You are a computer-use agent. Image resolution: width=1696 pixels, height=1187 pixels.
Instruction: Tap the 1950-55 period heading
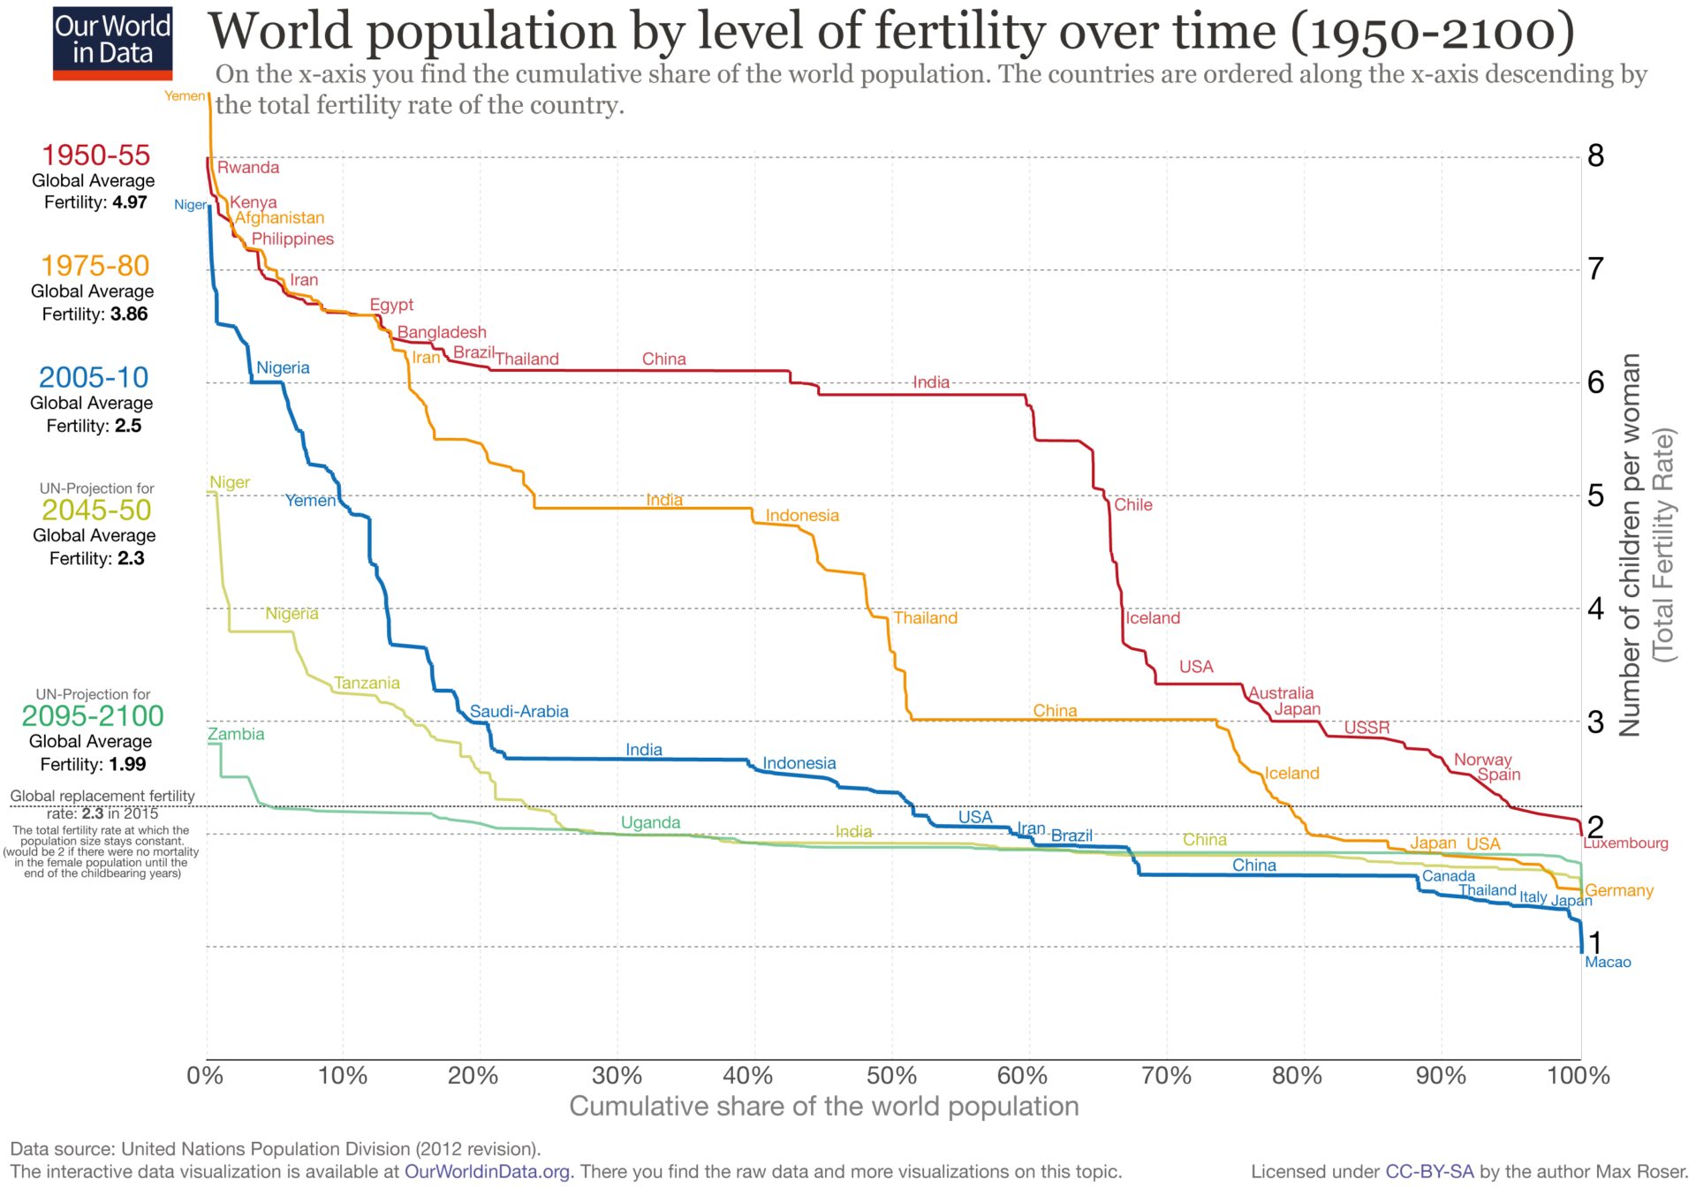click(x=95, y=155)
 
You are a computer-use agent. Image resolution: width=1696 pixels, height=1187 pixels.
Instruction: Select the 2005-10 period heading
click(x=94, y=378)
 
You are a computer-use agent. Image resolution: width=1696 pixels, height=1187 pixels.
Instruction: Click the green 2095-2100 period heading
click(x=93, y=716)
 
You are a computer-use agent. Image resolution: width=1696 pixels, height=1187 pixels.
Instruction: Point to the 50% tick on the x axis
click(x=891, y=1076)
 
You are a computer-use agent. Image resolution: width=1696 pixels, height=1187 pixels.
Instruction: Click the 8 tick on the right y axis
click(x=1595, y=156)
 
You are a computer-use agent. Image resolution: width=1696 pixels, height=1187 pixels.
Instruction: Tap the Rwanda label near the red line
click(x=248, y=168)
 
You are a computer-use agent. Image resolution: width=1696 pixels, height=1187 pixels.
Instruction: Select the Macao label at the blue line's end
click(x=1608, y=963)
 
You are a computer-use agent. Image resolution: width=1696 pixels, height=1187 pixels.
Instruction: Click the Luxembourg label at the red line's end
click(x=1625, y=843)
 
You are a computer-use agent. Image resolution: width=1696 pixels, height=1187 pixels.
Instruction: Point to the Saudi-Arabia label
click(x=519, y=712)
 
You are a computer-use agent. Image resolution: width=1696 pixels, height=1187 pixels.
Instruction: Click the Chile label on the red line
click(x=1132, y=505)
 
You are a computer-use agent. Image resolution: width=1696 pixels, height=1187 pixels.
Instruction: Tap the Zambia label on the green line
click(x=236, y=735)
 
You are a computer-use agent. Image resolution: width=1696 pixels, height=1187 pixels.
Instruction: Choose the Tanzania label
click(x=367, y=684)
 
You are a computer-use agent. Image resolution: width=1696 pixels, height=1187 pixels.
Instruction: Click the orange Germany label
click(x=1619, y=891)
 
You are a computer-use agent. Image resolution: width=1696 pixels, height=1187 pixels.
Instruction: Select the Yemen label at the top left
click(x=185, y=96)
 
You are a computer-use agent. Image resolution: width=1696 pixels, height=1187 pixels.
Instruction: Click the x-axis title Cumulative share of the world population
click(x=823, y=1107)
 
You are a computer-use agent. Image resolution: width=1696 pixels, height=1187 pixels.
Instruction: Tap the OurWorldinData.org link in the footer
click(x=488, y=1172)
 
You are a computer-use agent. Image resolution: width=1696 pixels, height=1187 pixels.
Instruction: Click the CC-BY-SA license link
click(x=1429, y=1172)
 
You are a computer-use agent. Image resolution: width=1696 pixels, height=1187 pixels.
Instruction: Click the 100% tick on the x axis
click(x=1579, y=1076)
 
